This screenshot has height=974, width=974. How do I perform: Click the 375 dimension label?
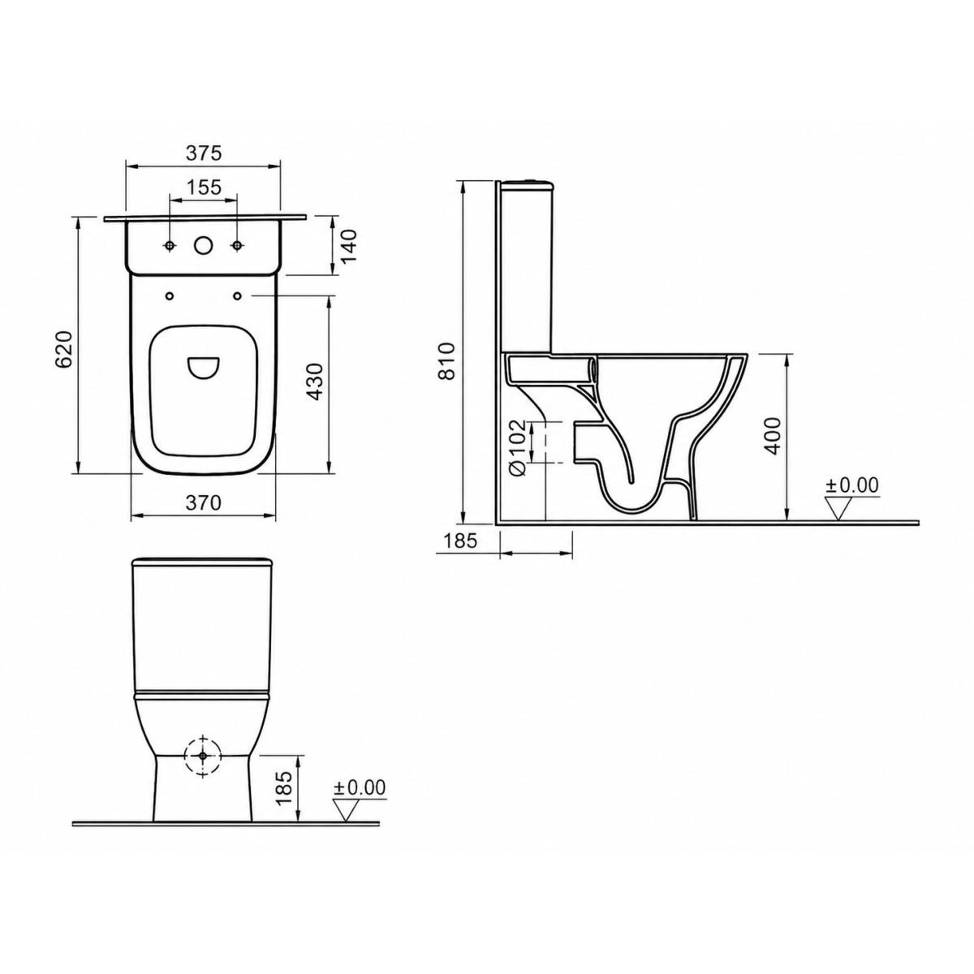(203, 153)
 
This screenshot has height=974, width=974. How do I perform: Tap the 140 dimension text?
(348, 245)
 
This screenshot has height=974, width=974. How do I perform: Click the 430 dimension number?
(316, 381)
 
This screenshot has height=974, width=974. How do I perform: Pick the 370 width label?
(203, 503)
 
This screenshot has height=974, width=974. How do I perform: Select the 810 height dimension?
(448, 361)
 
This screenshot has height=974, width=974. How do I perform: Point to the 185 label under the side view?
(460, 541)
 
